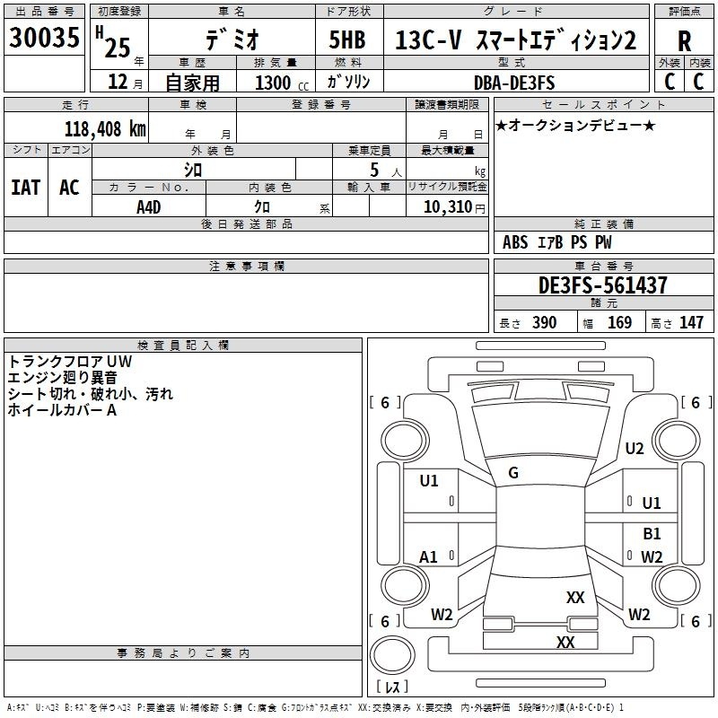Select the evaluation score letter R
point(684,40)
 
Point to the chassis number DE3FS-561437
point(603,286)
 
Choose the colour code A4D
point(149,206)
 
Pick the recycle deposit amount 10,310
point(448,207)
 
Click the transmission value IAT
point(25,188)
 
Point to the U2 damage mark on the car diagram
point(635,449)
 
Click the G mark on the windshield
point(513,473)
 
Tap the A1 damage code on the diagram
point(429,557)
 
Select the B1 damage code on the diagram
point(652,534)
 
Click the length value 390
point(544,322)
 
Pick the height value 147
point(691,322)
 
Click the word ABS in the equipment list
point(515,242)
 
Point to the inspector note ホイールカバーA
point(62,410)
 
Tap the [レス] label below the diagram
point(391,687)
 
